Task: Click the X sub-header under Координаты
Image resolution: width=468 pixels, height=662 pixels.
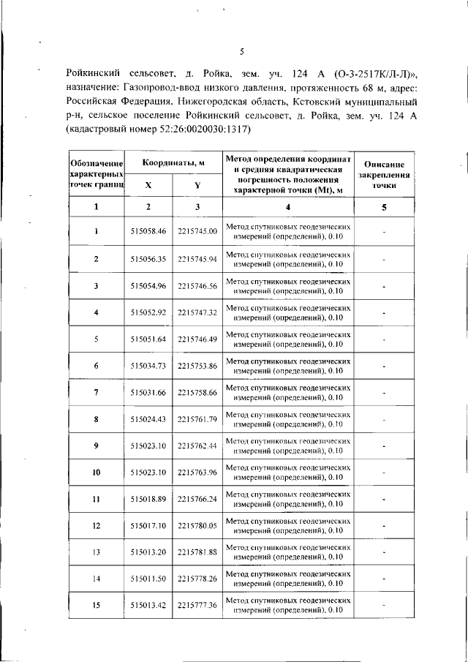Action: click(148, 186)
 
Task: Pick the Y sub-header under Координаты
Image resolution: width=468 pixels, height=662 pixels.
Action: click(197, 186)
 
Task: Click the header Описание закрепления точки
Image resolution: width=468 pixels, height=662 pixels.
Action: click(385, 176)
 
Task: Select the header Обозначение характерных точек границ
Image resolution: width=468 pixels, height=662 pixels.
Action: click(96, 176)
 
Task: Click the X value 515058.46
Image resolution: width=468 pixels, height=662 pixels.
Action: click(148, 232)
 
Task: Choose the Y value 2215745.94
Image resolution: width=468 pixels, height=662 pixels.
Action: click(197, 259)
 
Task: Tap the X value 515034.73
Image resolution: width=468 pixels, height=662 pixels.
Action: click(148, 366)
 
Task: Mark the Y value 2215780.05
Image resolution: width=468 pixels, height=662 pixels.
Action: click(197, 525)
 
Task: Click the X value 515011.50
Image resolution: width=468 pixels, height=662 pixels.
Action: click(148, 579)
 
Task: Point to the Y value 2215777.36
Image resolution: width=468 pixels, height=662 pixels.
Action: click(197, 606)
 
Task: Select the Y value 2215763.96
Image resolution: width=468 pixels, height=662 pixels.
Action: click(197, 472)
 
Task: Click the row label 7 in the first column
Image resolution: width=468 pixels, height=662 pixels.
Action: click(96, 392)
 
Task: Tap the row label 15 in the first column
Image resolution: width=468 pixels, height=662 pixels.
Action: click(96, 606)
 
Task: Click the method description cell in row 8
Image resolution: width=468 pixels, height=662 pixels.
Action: click(288, 419)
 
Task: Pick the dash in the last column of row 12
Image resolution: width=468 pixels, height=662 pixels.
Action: click(385, 525)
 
